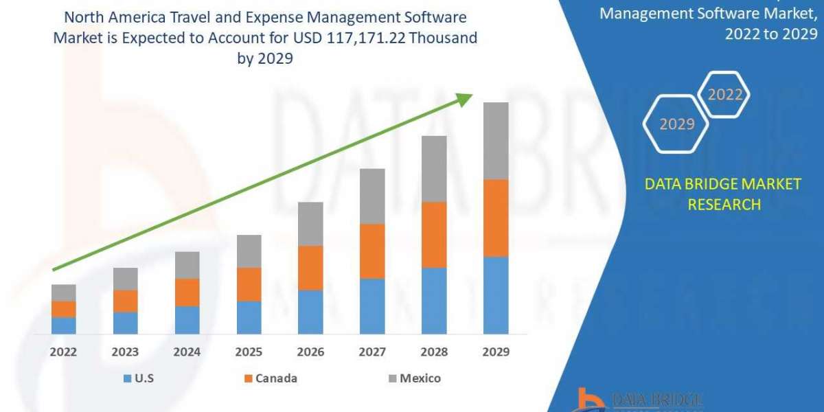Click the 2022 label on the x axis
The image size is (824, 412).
click(x=63, y=352)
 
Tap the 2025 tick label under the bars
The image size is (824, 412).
click(x=249, y=352)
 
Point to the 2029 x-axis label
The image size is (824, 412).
click(x=496, y=352)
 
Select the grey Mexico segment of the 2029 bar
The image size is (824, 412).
click(x=496, y=141)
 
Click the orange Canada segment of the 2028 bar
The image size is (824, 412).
click(x=434, y=235)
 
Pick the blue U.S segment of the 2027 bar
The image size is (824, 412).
click(x=372, y=306)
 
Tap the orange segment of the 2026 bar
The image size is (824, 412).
click(x=310, y=268)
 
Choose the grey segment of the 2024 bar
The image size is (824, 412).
click(x=187, y=265)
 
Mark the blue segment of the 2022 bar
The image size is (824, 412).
click(x=63, y=325)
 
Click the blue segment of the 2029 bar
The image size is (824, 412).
click(x=496, y=295)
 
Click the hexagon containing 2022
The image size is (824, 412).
click(x=724, y=95)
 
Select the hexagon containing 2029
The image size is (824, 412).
click(x=676, y=124)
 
